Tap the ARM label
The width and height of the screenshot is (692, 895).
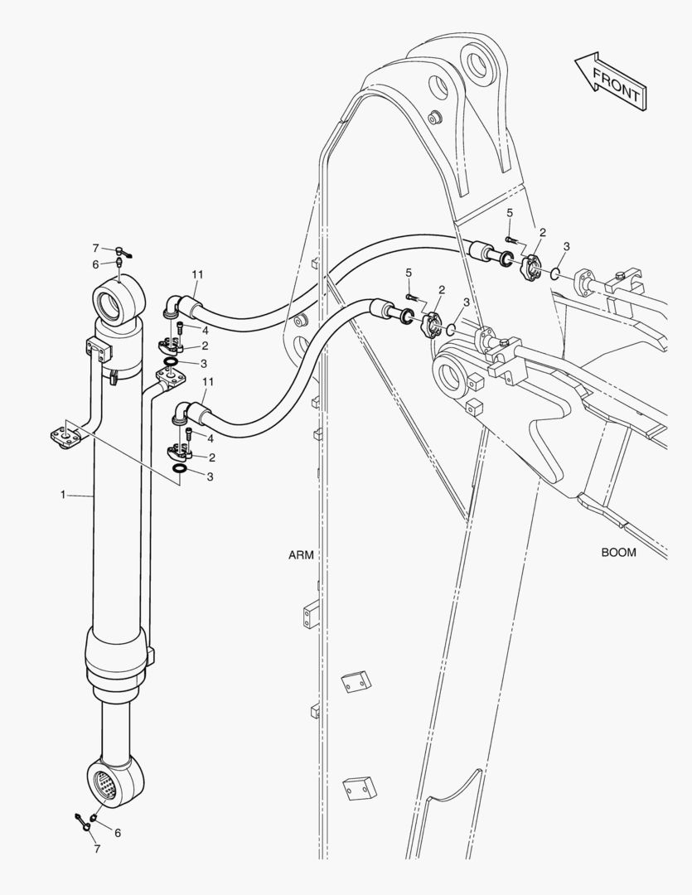301,555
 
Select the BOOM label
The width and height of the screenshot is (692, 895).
618,552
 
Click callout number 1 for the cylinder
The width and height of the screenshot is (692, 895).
62,495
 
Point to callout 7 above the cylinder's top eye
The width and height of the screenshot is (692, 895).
96,249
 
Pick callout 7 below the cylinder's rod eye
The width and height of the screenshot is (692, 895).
96,849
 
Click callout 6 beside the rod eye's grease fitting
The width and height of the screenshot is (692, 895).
118,833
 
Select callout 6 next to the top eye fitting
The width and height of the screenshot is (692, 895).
96,264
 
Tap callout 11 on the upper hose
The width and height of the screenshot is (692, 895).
197,274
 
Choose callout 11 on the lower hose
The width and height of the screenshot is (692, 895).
208,381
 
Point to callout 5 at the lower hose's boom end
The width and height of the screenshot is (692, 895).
409,273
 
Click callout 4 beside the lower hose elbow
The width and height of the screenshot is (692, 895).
211,438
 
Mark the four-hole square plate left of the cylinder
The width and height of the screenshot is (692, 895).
66,436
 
